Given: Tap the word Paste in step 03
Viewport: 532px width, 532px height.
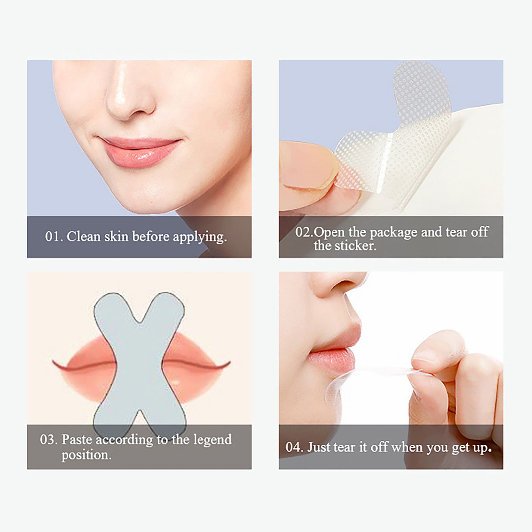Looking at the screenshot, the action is click(x=77, y=440).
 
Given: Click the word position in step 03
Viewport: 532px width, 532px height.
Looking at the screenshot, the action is click(x=86, y=455).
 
